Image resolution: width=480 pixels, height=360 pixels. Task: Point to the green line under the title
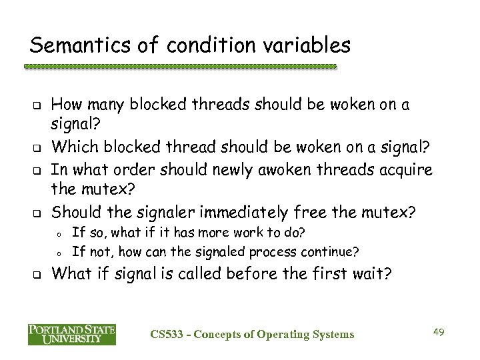[x=180, y=67]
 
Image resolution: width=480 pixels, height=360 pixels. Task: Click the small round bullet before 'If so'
[x=59, y=234]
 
